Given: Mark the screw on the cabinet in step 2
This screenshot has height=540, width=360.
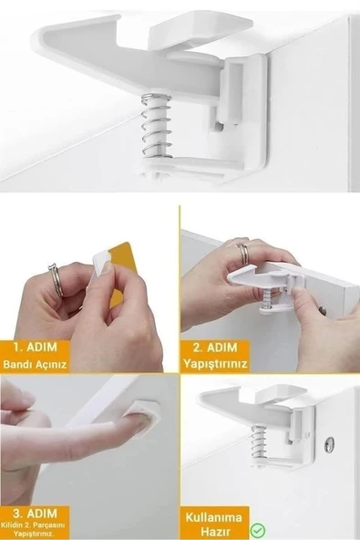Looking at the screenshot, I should [324, 311].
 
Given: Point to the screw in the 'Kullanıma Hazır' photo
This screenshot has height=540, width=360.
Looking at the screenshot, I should [331, 443].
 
